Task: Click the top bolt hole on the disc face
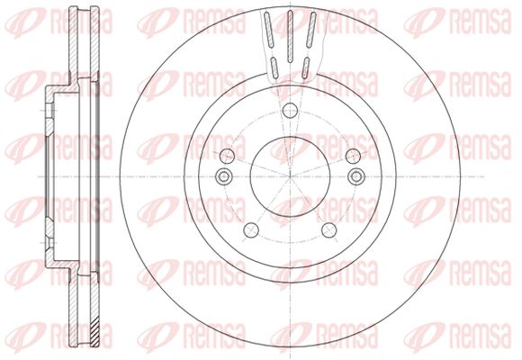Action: [290, 110]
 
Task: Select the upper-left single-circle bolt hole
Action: [228, 156]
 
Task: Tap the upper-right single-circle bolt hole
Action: [353, 156]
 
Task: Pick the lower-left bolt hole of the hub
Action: [251, 230]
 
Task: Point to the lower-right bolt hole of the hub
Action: [328, 230]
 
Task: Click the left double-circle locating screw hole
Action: [223, 175]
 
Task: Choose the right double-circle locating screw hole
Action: [356, 175]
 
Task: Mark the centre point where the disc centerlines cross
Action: [290, 175]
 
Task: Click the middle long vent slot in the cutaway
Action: [290, 36]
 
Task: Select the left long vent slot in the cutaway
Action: [268, 31]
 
